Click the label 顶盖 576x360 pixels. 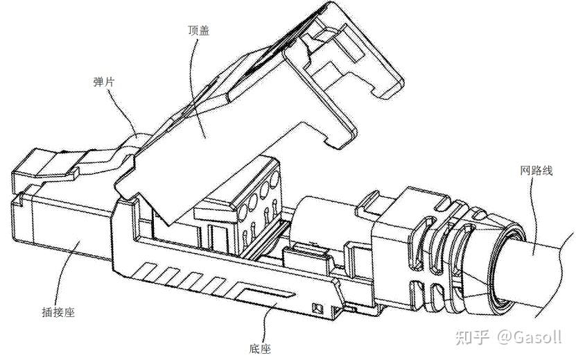pos(199,30)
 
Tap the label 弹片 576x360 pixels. pos(104,82)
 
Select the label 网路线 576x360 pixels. pos(536,171)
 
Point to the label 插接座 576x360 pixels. pos(58,312)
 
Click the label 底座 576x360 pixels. pos(260,348)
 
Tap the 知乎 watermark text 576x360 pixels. pos(473,337)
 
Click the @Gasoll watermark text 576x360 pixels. pos(530,337)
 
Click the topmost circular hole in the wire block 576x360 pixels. pos(274,180)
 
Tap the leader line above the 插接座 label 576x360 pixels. pos(66,273)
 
